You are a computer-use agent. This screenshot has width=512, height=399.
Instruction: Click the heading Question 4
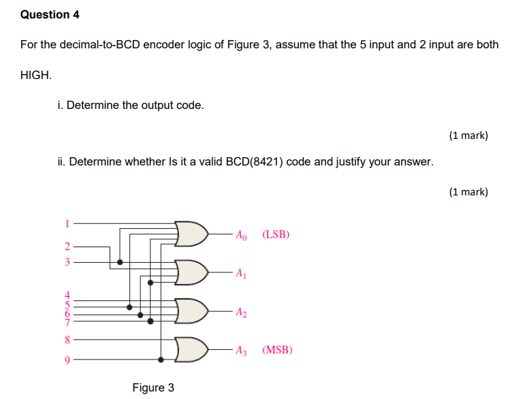45,14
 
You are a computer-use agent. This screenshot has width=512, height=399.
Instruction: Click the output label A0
242,236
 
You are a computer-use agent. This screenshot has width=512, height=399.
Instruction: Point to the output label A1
241,274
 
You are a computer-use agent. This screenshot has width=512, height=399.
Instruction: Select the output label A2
242,313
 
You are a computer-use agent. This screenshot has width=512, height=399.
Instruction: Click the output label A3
242,351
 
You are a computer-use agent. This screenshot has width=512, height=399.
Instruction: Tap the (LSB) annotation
276,235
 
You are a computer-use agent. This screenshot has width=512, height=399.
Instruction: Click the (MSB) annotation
277,351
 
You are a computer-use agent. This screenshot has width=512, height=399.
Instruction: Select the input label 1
67,222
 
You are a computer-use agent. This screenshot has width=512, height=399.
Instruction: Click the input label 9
67,360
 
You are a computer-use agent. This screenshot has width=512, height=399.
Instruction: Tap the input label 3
67,261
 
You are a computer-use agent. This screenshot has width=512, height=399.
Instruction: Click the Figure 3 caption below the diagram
153,387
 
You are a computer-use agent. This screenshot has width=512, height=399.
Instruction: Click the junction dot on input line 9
161,360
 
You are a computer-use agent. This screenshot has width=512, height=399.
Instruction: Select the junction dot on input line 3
121,261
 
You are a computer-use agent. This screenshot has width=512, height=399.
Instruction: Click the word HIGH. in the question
36,75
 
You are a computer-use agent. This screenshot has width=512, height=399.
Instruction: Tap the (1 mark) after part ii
468,192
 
